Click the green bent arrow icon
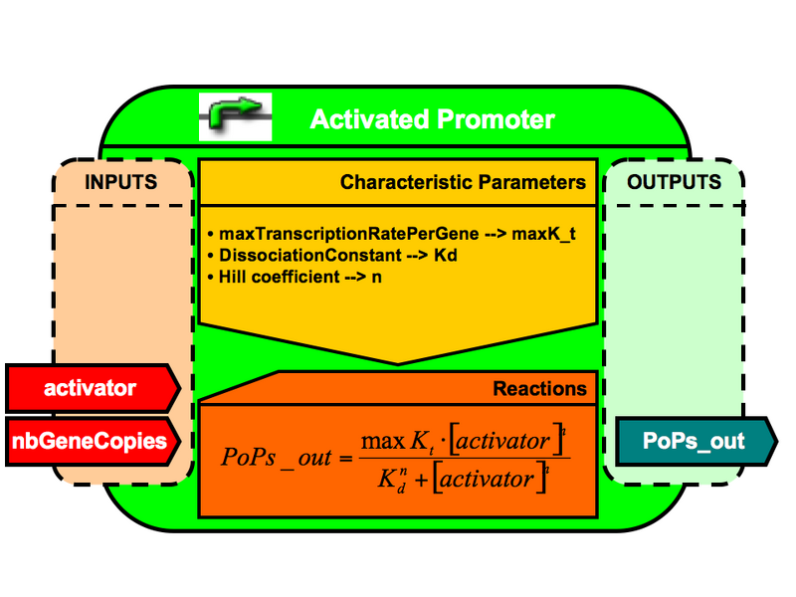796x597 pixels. [236, 116]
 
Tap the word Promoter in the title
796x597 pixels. [497, 120]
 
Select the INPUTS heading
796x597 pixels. [120, 183]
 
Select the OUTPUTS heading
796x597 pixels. [674, 183]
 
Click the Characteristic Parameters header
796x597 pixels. [463, 183]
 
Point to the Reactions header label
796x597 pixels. [539, 388]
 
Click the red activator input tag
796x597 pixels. [91, 388]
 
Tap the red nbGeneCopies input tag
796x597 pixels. [91, 441]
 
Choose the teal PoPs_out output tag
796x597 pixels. [694, 441]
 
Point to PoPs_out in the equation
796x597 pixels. [271, 459]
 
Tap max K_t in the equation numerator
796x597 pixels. [396, 440]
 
